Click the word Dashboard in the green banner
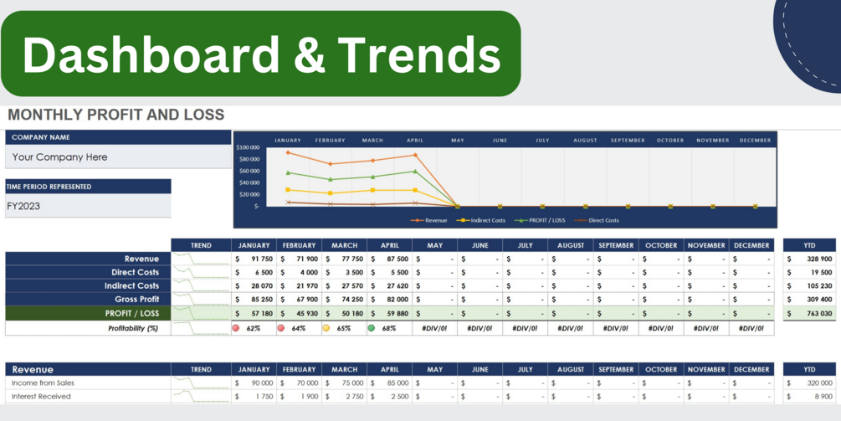[151, 55]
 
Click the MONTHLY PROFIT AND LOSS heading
[116, 115]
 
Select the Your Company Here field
[60, 157]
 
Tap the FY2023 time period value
[23, 206]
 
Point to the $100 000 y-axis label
[249, 147]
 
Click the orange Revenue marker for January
[288, 153]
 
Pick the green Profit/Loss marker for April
[415, 172]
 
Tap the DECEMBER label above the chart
[755, 141]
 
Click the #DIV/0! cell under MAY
[435, 329]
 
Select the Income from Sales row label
[44, 383]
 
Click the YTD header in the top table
[809, 245]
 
